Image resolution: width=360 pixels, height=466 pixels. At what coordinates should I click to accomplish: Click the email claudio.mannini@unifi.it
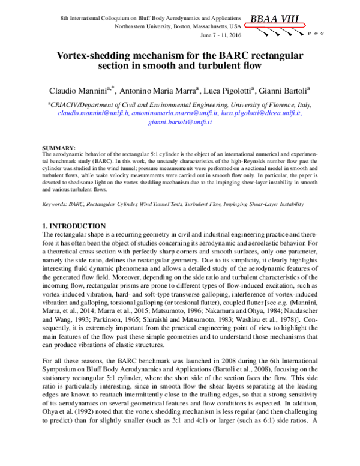[x=93, y=112]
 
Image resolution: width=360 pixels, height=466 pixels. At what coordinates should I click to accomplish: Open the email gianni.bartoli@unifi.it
[x=180, y=121]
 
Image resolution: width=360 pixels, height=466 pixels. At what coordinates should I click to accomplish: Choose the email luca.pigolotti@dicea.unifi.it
[x=261, y=112]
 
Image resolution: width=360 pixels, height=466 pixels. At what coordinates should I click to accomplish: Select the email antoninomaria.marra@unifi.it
[x=175, y=112]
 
